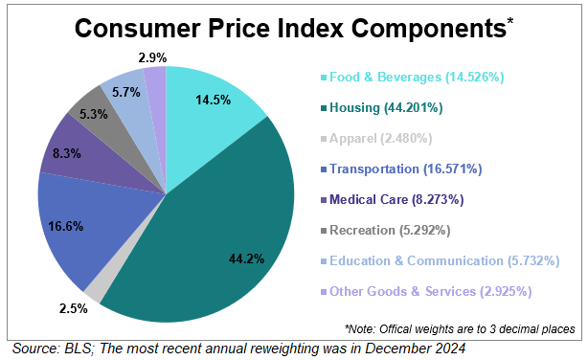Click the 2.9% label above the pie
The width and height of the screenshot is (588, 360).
pos(152,57)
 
